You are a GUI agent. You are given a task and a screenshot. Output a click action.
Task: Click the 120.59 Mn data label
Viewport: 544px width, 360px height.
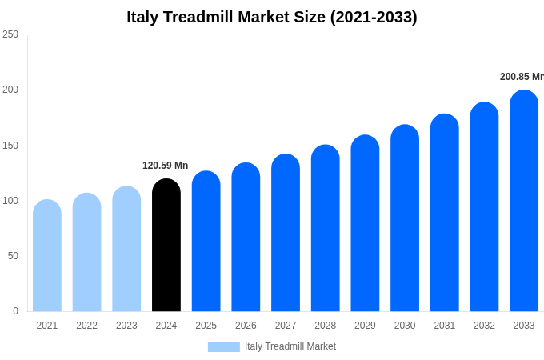[166, 166]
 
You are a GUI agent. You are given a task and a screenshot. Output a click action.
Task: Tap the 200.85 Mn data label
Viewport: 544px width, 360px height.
[522, 77]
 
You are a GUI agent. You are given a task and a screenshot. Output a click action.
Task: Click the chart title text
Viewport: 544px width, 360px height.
[272, 17]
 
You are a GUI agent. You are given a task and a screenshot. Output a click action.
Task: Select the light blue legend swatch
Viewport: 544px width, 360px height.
[223, 346]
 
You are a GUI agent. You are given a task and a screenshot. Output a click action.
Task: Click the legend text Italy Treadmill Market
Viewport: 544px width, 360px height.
[290, 346]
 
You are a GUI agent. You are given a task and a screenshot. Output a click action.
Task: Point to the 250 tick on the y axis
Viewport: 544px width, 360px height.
[10, 34]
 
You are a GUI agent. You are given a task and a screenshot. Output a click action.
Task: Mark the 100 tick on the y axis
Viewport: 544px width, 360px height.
[10, 201]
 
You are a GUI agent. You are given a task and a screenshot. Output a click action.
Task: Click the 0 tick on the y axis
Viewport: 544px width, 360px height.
[15, 311]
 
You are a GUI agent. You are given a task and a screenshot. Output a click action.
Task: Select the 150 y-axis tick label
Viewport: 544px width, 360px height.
[10, 146]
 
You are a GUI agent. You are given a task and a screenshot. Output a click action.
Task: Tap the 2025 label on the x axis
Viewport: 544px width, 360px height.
[206, 326]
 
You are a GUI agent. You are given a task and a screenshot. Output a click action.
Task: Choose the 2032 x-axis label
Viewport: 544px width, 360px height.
[484, 326]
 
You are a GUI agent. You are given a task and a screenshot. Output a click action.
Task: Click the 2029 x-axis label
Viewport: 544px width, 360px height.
[365, 326]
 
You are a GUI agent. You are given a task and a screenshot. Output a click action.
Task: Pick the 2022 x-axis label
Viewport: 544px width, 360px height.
[86, 326]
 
